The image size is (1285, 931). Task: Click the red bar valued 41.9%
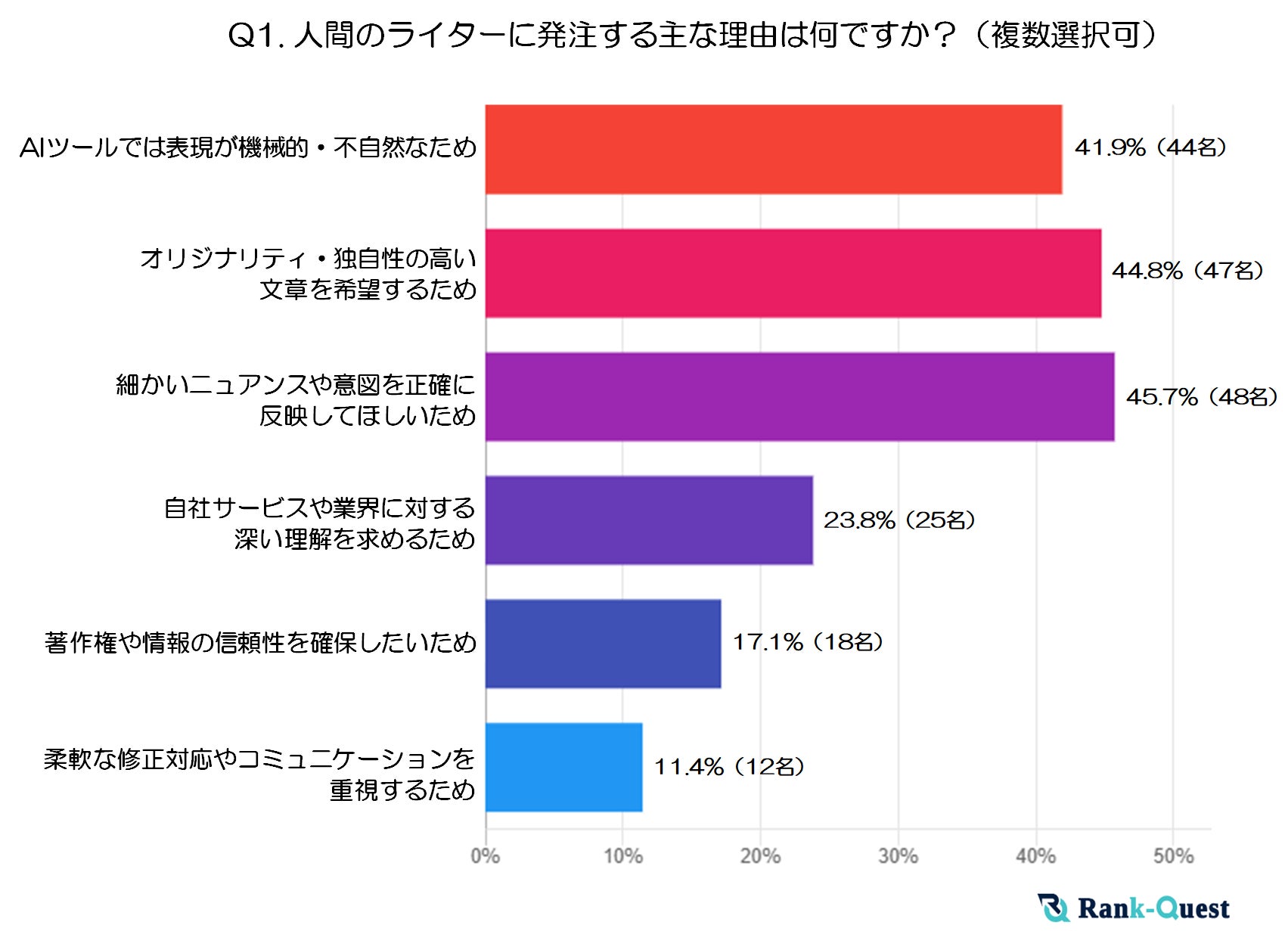(x=773, y=149)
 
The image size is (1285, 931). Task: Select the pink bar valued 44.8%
(x=793, y=273)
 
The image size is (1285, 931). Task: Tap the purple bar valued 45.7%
(x=799, y=396)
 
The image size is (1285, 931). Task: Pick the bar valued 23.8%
(x=649, y=520)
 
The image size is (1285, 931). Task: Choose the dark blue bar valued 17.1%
(x=603, y=644)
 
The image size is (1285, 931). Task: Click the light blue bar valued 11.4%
(x=563, y=767)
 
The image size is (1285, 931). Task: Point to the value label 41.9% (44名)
(x=1150, y=147)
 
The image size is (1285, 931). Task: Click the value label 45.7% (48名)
(x=1201, y=397)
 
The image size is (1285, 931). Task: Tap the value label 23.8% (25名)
(x=899, y=520)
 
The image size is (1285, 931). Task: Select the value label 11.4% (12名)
(x=728, y=767)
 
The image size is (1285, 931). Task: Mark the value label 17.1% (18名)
(x=808, y=643)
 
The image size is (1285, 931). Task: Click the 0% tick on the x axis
(x=485, y=856)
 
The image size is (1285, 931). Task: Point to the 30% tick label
(x=898, y=856)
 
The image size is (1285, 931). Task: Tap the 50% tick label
(x=1173, y=856)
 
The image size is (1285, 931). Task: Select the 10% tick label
(x=622, y=856)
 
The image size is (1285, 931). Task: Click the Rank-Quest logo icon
(x=1053, y=908)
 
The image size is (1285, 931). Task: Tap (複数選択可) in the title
(x=1066, y=36)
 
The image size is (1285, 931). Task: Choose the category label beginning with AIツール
(x=248, y=147)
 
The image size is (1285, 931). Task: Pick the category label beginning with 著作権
(x=260, y=643)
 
